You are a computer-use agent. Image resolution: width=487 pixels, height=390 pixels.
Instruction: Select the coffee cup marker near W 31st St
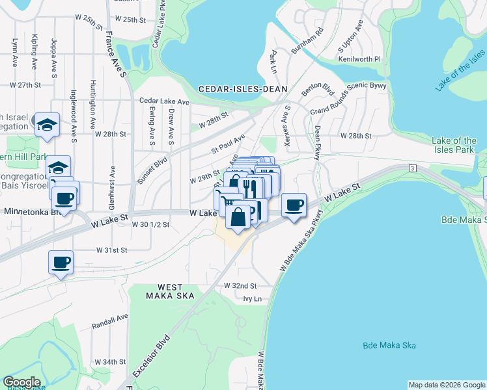click(x=61, y=262)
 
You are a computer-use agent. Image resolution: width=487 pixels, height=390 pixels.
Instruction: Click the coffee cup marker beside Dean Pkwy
click(x=294, y=205)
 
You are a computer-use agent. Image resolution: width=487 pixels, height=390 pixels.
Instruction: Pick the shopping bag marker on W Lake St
click(x=239, y=216)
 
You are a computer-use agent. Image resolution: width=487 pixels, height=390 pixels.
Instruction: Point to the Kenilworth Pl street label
click(x=359, y=59)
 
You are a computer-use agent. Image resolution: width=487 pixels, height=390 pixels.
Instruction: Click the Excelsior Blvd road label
click(x=150, y=357)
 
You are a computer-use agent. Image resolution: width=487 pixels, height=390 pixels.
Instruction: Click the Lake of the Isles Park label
click(x=454, y=145)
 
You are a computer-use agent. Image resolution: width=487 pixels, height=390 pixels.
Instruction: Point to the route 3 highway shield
click(x=413, y=168)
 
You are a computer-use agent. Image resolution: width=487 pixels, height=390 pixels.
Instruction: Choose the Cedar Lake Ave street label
click(x=165, y=101)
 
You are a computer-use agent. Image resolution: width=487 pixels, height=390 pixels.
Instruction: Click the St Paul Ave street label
click(x=228, y=144)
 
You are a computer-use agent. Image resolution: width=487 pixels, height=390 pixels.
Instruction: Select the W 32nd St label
click(x=240, y=285)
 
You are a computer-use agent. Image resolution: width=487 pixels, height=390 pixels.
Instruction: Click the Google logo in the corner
click(x=22, y=382)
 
